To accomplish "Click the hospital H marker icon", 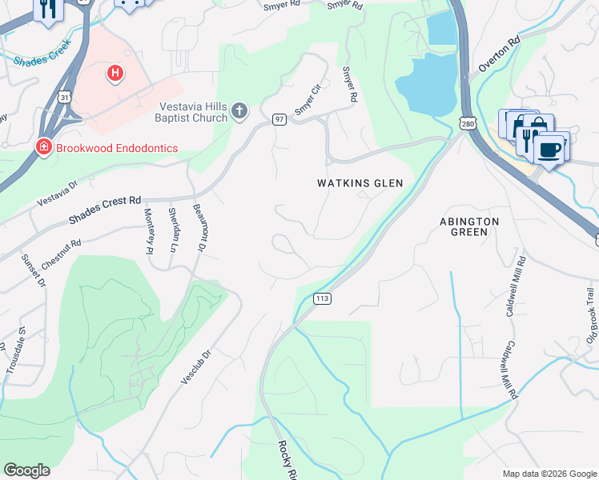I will tap(115, 74).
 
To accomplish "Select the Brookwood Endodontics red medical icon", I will tap(42, 147).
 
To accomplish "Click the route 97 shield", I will tap(279, 119).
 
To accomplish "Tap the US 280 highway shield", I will tap(468, 122).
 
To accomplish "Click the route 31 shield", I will tap(62, 97).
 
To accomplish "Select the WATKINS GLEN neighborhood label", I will tap(360, 183).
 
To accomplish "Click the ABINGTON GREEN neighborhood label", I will tap(469, 226).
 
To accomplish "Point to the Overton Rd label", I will tap(499, 55).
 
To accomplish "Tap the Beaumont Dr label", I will tap(199, 227).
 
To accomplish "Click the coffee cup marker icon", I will tap(549, 149).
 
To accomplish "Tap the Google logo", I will tap(26, 470).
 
